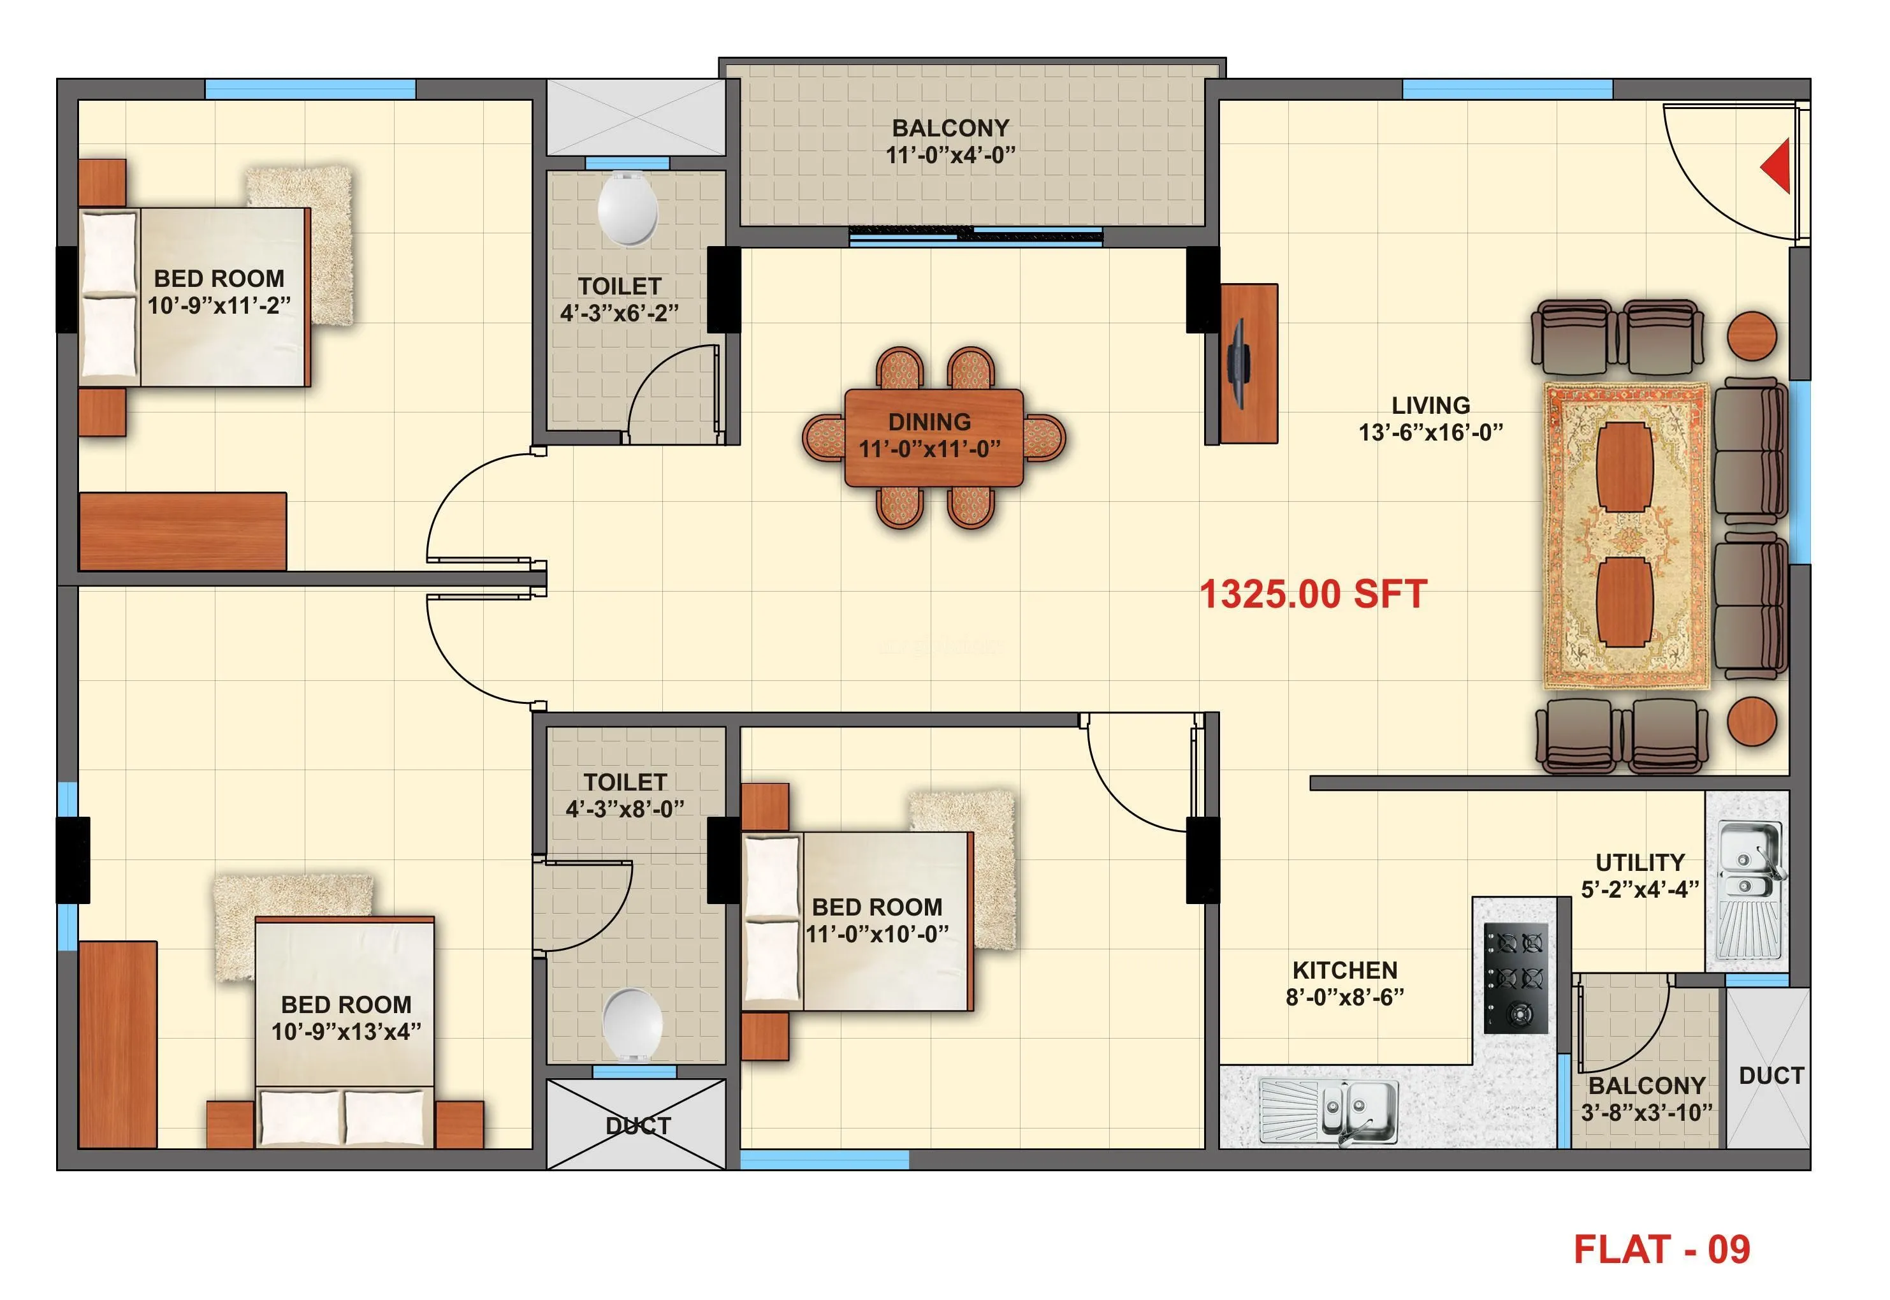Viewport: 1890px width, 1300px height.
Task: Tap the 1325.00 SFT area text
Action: click(1312, 595)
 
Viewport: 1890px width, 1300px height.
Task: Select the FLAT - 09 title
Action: click(1661, 1250)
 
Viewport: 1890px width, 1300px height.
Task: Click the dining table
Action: click(933, 437)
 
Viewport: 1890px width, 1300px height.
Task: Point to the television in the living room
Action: click(1238, 363)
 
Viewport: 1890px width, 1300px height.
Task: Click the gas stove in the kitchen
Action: click(1515, 978)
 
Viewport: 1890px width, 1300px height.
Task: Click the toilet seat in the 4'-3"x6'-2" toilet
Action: click(627, 208)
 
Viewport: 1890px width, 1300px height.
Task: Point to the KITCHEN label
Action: click(1344, 970)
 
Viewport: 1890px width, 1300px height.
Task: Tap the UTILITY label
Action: click(1639, 862)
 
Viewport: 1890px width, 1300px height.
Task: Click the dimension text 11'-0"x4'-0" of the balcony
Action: click(950, 155)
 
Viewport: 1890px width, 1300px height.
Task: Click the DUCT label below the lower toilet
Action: click(637, 1126)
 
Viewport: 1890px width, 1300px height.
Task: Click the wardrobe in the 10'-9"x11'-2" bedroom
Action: click(183, 530)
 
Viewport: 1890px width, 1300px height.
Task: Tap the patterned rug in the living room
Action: click(1625, 536)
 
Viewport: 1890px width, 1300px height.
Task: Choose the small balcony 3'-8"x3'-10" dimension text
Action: click(1646, 1112)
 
